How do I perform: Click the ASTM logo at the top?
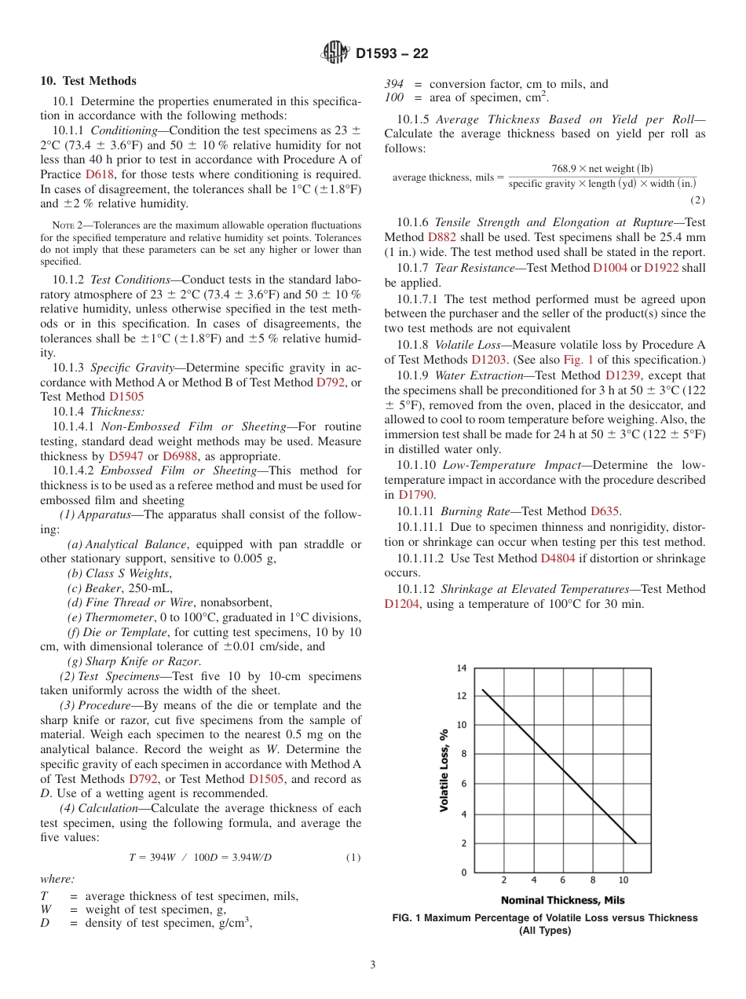[x=336, y=53]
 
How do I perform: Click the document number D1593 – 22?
[x=392, y=54]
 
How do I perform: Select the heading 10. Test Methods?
[x=88, y=81]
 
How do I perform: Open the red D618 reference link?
[x=99, y=174]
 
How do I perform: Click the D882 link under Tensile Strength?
[x=441, y=237]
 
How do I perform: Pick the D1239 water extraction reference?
[x=623, y=375]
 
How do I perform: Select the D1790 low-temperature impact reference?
[x=415, y=495]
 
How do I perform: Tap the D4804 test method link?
[x=558, y=558]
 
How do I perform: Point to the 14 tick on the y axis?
[x=462, y=668]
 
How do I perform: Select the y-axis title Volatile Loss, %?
[x=444, y=770]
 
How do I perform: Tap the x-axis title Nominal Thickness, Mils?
[x=562, y=900]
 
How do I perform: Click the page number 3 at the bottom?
[x=373, y=964]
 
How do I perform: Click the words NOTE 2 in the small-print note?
[x=67, y=225]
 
